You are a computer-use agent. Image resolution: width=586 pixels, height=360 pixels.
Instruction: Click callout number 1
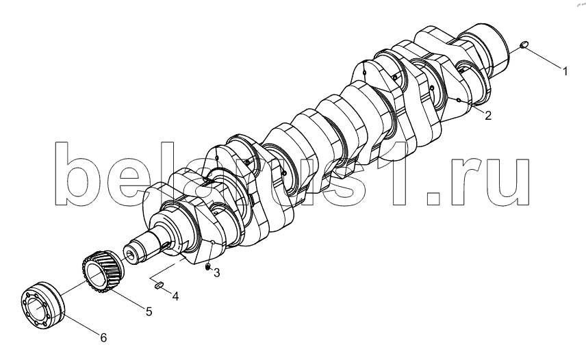tap(565, 71)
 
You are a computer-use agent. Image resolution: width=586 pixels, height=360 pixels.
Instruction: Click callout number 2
tap(488, 116)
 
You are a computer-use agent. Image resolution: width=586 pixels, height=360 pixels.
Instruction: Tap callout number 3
tap(217, 273)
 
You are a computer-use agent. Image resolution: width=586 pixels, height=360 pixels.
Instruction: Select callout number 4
tap(175, 296)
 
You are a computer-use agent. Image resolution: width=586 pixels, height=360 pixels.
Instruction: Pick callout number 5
tap(149, 311)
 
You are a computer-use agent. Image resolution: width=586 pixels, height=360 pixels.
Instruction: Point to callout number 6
tap(103, 337)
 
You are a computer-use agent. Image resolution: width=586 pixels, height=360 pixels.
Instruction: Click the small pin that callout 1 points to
tap(524, 44)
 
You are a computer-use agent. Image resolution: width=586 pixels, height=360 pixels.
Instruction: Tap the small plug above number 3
tap(207, 267)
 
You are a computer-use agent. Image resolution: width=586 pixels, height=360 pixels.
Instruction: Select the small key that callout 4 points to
tap(159, 285)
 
